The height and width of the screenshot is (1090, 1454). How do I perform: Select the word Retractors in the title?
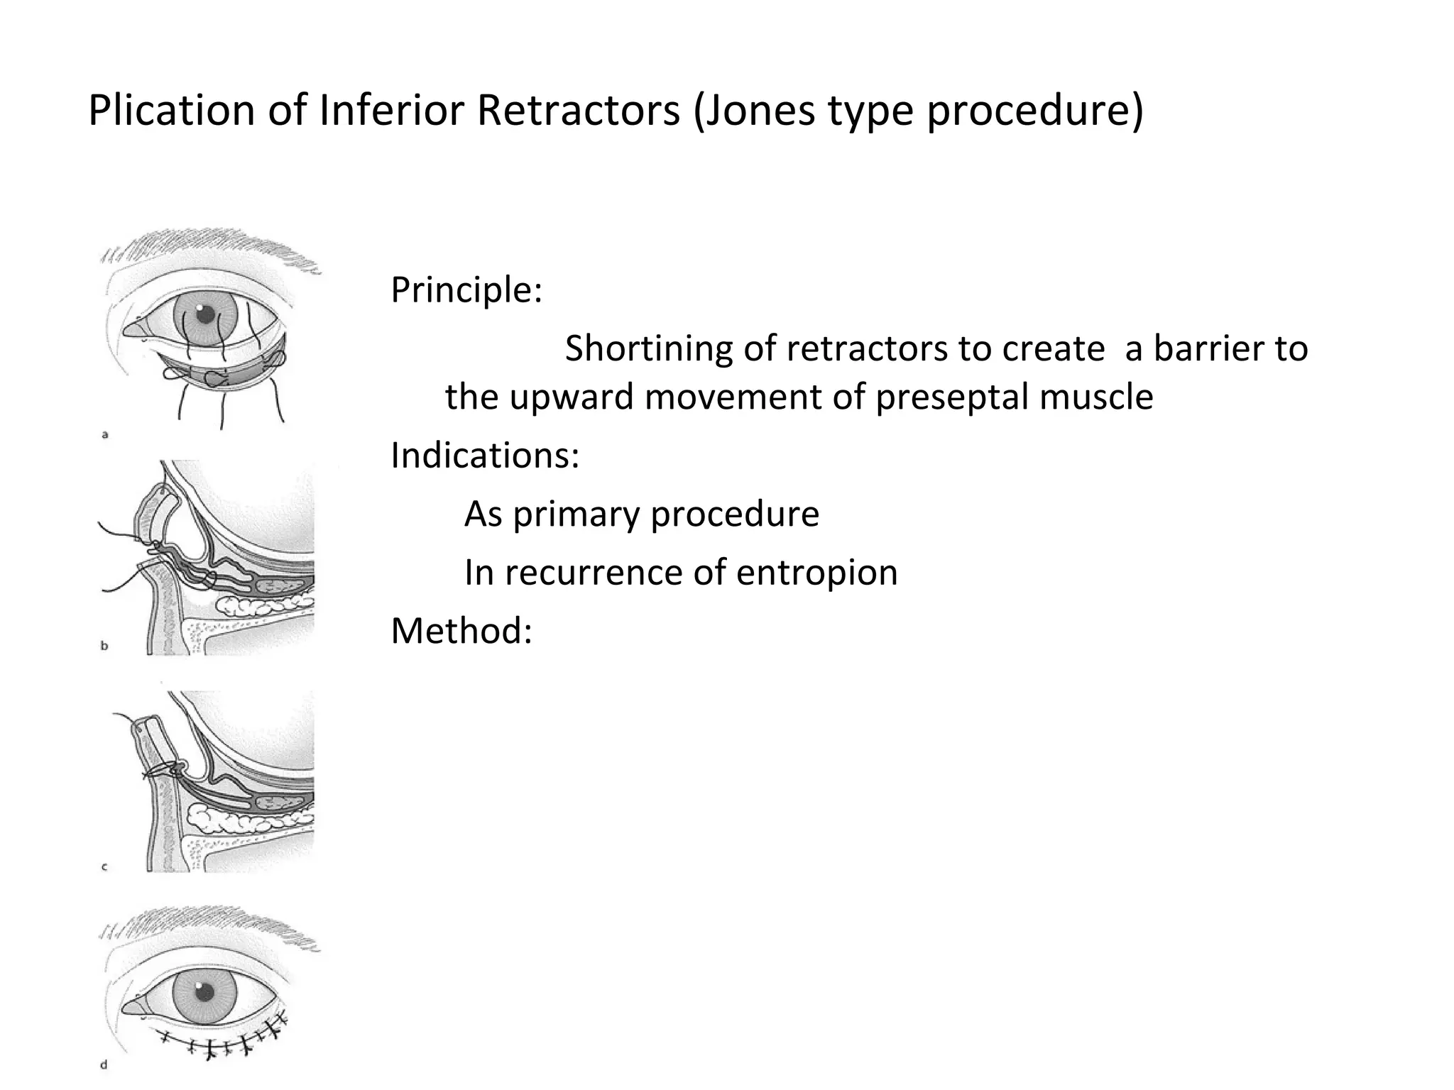click(578, 111)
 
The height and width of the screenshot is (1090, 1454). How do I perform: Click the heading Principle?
click(466, 290)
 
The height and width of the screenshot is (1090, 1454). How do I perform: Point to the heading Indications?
click(485, 456)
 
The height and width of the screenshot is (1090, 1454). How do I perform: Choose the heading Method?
click(461, 630)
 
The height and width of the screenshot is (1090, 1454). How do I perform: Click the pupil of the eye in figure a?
click(205, 314)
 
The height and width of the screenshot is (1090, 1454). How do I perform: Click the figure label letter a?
click(105, 435)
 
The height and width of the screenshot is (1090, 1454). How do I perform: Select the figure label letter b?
click(105, 646)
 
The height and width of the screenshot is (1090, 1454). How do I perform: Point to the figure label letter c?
click(105, 866)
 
